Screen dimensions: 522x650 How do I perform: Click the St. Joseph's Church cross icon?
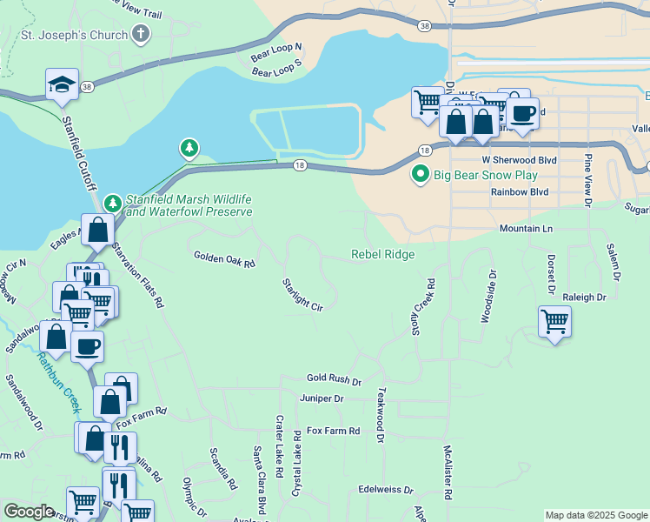(140, 35)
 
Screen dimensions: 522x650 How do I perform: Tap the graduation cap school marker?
(62, 84)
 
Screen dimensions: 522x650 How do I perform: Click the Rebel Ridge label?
(382, 255)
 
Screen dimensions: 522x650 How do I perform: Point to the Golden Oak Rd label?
(224, 258)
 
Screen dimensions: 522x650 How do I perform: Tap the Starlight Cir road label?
(302, 294)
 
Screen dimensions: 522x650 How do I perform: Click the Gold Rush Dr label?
(334, 379)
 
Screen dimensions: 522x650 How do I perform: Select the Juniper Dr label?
(322, 398)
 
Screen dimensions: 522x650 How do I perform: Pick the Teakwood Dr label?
(380, 415)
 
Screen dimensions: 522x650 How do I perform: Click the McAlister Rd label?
(448, 472)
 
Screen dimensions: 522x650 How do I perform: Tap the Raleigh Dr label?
(584, 298)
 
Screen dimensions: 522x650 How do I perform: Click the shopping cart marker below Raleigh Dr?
(554, 321)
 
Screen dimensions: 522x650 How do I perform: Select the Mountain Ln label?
(527, 229)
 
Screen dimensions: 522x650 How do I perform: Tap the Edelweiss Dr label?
(385, 490)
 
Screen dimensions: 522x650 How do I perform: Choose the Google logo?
(29, 512)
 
